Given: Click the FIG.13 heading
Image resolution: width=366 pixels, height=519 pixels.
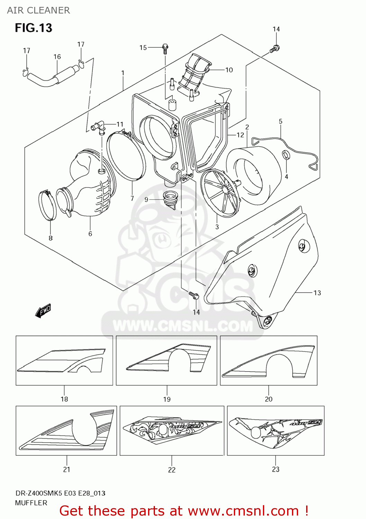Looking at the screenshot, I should tap(33, 28).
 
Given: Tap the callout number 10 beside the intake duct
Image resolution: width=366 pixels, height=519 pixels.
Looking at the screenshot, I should tap(229, 70).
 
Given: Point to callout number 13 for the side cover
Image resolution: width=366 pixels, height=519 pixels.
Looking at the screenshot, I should tap(317, 293).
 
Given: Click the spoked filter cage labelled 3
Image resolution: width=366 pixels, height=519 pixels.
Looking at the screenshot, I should tap(220, 193).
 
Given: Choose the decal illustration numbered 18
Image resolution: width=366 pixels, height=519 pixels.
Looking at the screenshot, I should tap(64, 360).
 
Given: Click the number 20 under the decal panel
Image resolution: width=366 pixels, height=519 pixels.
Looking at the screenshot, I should tap(268, 399).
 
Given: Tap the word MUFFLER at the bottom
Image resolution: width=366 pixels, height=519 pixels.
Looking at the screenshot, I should tap(31, 503).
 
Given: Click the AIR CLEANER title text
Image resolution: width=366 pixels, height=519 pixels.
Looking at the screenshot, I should tap(38, 10).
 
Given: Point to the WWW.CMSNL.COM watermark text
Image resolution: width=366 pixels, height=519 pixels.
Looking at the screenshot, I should tap(183, 326).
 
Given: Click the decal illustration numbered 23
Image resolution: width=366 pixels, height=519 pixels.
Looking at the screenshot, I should tap(275, 430).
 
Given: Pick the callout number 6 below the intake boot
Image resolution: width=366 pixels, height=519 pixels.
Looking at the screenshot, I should tap(90, 234).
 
